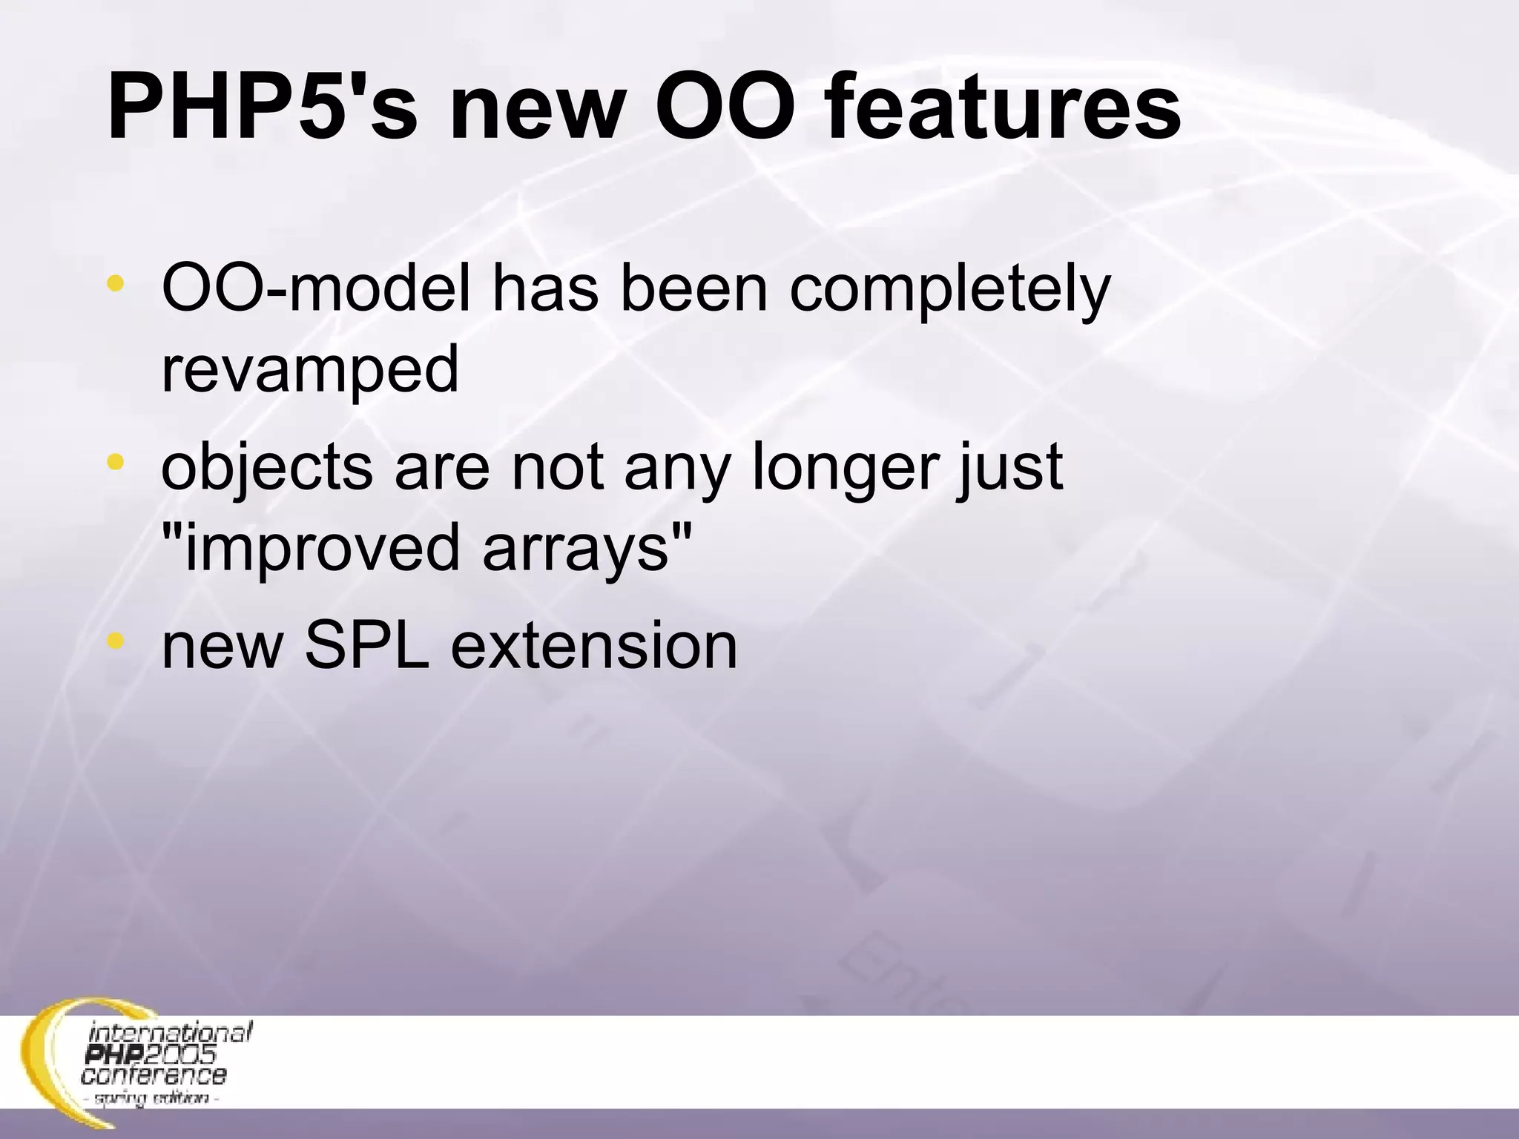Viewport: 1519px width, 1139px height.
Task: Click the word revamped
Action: [310, 373]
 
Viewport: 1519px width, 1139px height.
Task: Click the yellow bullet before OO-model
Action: [115, 283]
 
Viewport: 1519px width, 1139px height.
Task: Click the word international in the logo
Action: [171, 1032]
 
